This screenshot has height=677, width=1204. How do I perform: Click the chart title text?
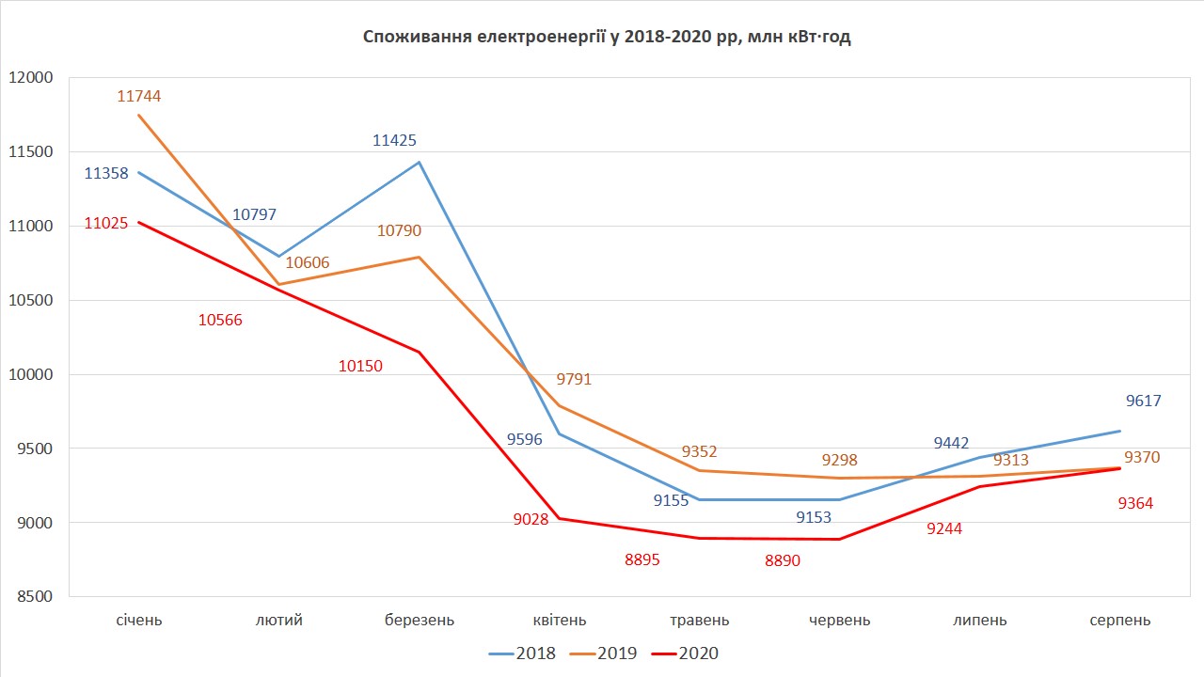pos(607,38)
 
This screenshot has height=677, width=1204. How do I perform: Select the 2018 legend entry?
pos(522,653)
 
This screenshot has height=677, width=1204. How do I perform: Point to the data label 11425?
pos(394,141)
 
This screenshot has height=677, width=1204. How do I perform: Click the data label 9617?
pos(1143,401)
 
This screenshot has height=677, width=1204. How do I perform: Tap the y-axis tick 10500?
pos(34,301)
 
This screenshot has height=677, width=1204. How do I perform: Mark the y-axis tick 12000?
pos(34,78)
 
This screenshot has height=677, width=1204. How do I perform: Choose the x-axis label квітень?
pos(560,621)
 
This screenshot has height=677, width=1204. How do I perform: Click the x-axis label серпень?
pos(1119,621)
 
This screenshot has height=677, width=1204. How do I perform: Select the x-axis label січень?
pos(139,621)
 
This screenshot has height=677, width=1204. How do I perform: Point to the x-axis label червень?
pos(839,621)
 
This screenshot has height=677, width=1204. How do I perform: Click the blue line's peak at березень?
pos(420,162)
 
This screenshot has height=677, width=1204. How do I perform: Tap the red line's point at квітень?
pos(560,518)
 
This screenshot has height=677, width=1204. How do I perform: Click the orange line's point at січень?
pos(139,115)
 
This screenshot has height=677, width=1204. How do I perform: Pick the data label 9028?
pos(531,520)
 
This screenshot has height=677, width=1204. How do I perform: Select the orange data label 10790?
pos(399,230)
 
